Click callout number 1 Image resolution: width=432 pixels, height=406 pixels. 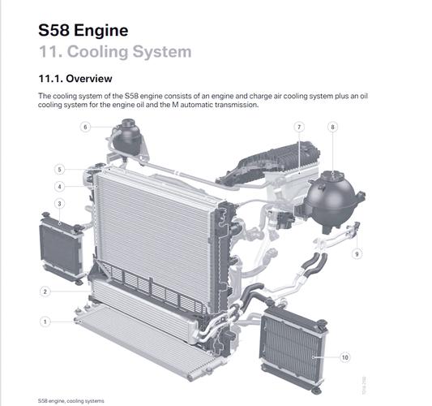click(x=45, y=322)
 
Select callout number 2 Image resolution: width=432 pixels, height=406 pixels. click(x=45, y=292)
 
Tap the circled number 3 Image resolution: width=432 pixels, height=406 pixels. click(x=59, y=204)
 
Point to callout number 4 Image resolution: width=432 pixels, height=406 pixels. click(x=59, y=187)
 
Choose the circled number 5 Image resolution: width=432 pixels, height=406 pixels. click(x=59, y=170)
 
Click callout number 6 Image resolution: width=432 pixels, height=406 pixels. click(x=85, y=127)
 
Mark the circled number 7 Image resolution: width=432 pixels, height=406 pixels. click(x=299, y=127)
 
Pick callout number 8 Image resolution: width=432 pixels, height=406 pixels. click(x=332, y=127)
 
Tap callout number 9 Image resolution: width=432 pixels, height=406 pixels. click(x=357, y=253)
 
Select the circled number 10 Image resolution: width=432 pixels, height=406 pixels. click(x=344, y=357)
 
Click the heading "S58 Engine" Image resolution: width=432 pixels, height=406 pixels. click(x=83, y=30)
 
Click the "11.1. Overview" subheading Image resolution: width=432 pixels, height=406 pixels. click(x=75, y=79)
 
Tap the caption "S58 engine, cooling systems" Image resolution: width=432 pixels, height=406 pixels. click(x=71, y=401)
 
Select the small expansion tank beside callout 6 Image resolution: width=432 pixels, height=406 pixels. click(x=126, y=137)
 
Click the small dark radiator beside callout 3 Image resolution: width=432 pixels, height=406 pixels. click(x=62, y=248)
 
